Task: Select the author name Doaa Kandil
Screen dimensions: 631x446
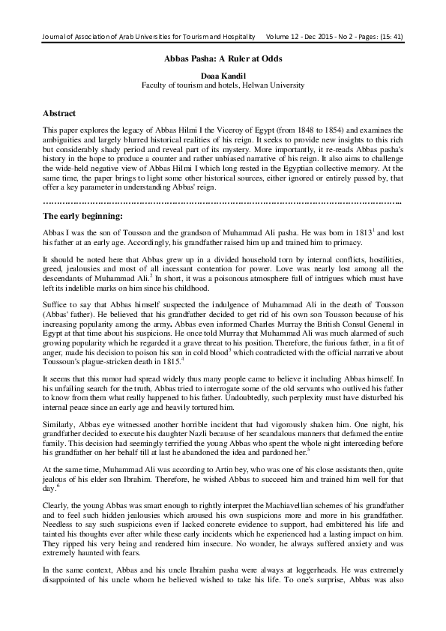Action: (x=223, y=76)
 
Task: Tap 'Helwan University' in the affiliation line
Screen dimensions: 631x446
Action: (x=272, y=85)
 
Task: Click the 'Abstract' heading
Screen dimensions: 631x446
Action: (x=59, y=113)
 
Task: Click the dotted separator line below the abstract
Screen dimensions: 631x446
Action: (x=223, y=202)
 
